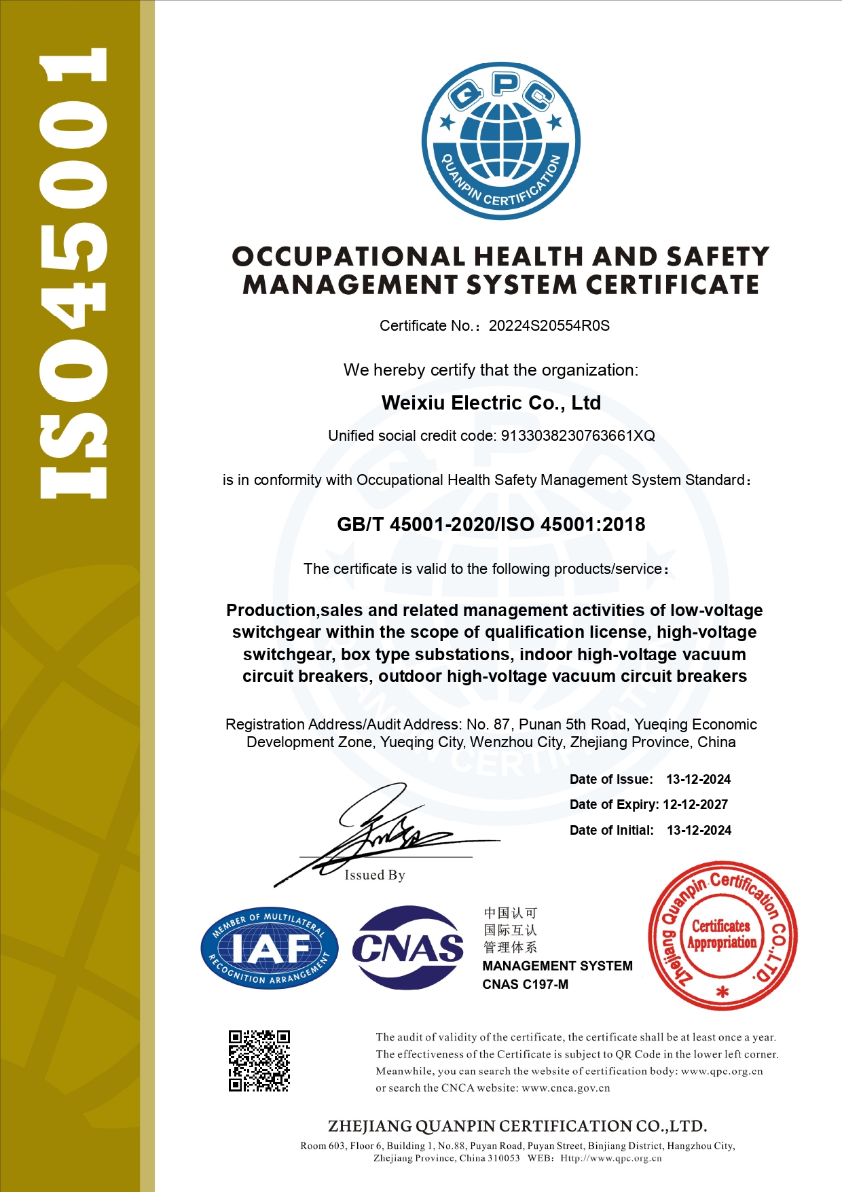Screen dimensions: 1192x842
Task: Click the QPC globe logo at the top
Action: (x=500, y=141)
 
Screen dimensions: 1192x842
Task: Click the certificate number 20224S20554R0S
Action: (x=549, y=326)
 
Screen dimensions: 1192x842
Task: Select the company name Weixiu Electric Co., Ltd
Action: (x=491, y=403)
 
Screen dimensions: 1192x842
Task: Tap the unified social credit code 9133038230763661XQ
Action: (x=578, y=436)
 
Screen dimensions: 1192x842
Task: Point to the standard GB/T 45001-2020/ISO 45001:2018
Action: (x=491, y=524)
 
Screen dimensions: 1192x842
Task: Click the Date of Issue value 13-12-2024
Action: (x=698, y=780)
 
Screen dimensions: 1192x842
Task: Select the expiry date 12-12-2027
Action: (x=695, y=805)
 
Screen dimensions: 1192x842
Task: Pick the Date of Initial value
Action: (x=699, y=831)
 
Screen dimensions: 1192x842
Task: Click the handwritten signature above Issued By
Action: (x=380, y=832)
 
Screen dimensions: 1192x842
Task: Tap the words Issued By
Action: (x=374, y=875)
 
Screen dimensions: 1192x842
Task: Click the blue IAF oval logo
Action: (x=269, y=947)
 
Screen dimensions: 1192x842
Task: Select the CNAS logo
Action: (x=407, y=947)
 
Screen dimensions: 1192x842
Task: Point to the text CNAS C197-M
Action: (x=525, y=985)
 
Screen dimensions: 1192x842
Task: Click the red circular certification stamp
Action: (x=722, y=937)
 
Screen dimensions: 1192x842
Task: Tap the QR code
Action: (x=259, y=1060)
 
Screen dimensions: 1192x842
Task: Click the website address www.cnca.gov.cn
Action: (x=566, y=1088)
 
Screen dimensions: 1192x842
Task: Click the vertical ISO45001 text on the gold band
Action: (x=73, y=272)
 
